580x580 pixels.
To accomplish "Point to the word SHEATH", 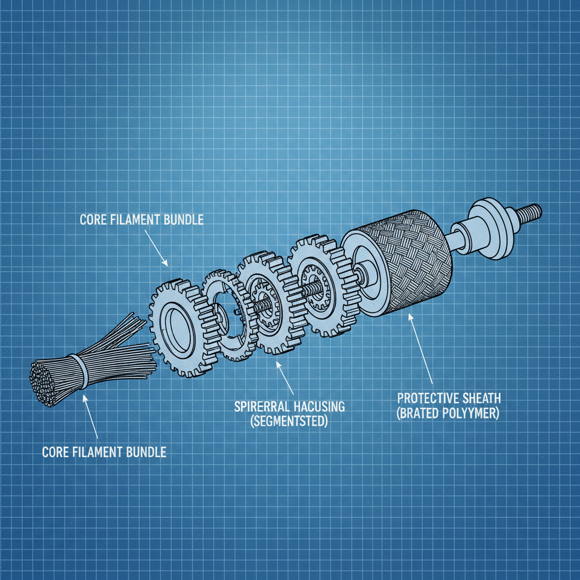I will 481,399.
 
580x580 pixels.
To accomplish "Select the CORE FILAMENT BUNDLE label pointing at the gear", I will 142,220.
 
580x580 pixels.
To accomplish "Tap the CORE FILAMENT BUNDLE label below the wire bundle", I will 104,452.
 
